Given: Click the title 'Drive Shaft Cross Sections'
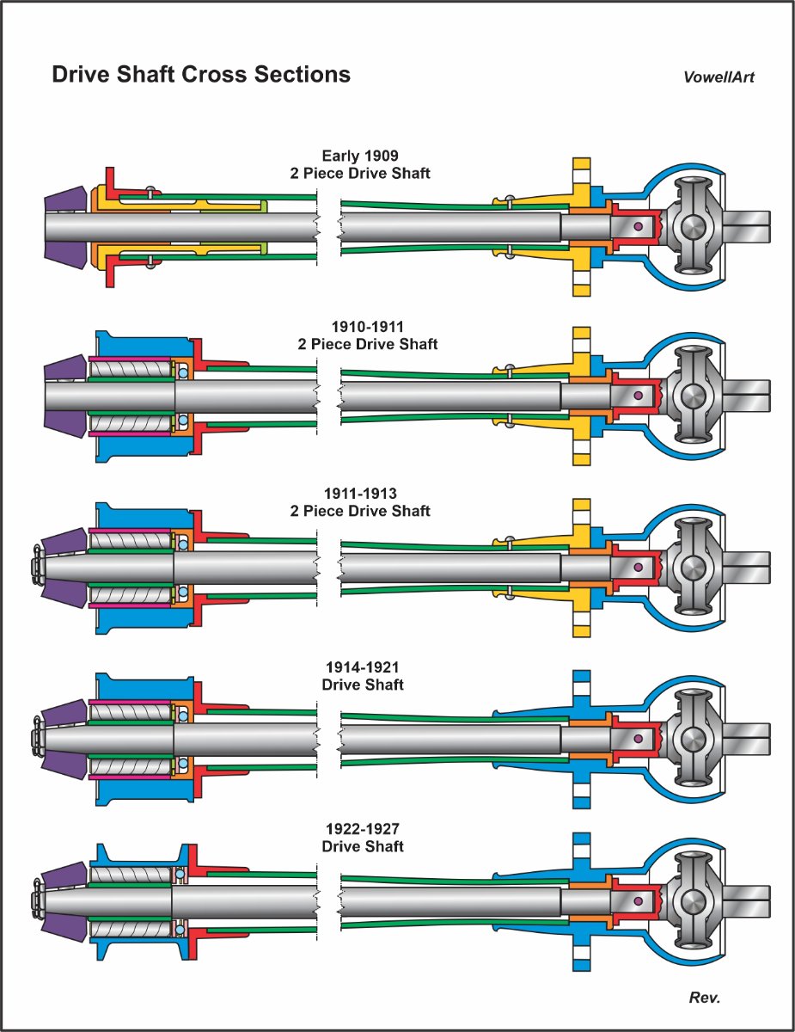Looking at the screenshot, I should (x=201, y=75).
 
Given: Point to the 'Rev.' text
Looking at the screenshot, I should (x=704, y=998).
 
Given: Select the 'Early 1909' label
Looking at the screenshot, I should (x=360, y=156).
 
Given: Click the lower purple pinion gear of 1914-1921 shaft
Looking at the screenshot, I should (x=63, y=764).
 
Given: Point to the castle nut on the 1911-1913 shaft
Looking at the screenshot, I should (x=37, y=567).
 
